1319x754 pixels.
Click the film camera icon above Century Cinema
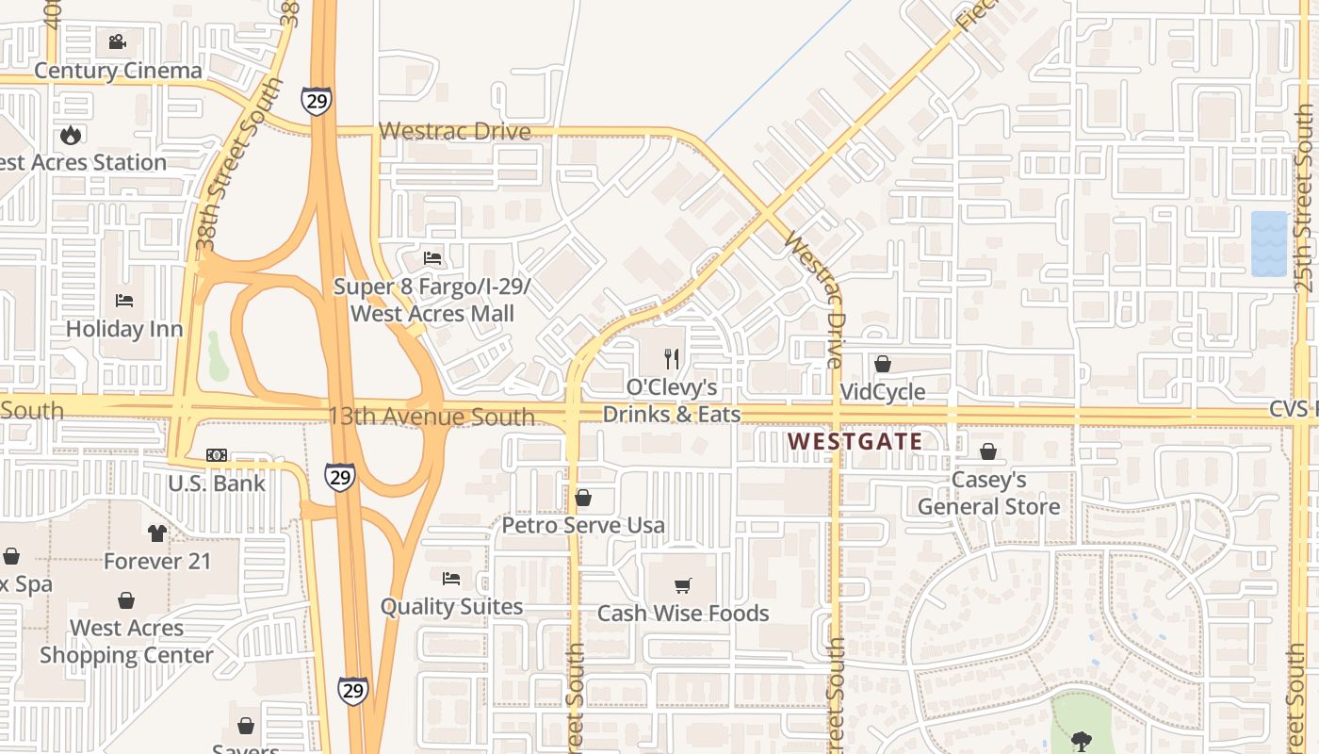tap(117, 42)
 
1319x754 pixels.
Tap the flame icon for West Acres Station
tap(71, 136)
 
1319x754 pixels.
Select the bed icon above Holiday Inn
tap(124, 301)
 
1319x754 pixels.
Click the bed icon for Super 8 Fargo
tap(432, 257)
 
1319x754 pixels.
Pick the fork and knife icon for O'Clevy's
tap(672, 358)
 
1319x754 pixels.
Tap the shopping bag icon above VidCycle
tap(883, 364)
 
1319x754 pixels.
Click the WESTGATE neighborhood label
tap(855, 441)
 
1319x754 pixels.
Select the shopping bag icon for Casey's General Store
tap(988, 452)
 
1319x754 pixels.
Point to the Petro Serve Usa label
tap(583, 525)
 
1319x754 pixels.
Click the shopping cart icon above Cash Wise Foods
tap(683, 585)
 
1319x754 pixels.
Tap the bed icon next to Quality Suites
tap(451, 578)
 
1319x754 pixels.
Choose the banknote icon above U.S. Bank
tap(217, 455)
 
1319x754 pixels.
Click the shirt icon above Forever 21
tap(157, 533)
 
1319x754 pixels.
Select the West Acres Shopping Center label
tap(126, 641)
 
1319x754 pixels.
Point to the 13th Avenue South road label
tap(431, 416)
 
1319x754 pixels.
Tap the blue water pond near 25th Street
tap(1268, 243)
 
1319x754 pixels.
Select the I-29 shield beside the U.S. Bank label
tap(340, 477)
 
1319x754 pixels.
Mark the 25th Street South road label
tap(1304, 198)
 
